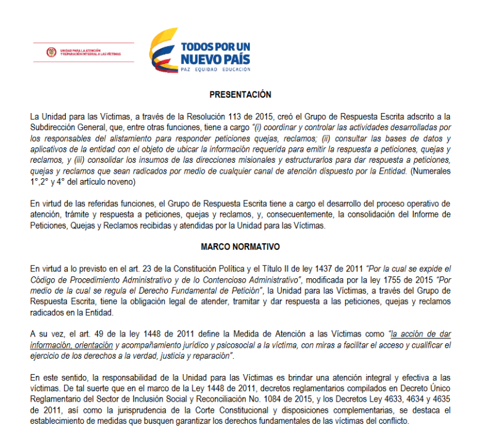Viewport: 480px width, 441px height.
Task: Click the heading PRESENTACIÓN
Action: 240,95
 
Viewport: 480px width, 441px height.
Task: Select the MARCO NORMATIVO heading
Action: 240,246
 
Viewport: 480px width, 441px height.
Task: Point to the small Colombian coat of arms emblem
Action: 52,53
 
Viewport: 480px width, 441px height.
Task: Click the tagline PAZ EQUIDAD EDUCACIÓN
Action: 215,70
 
